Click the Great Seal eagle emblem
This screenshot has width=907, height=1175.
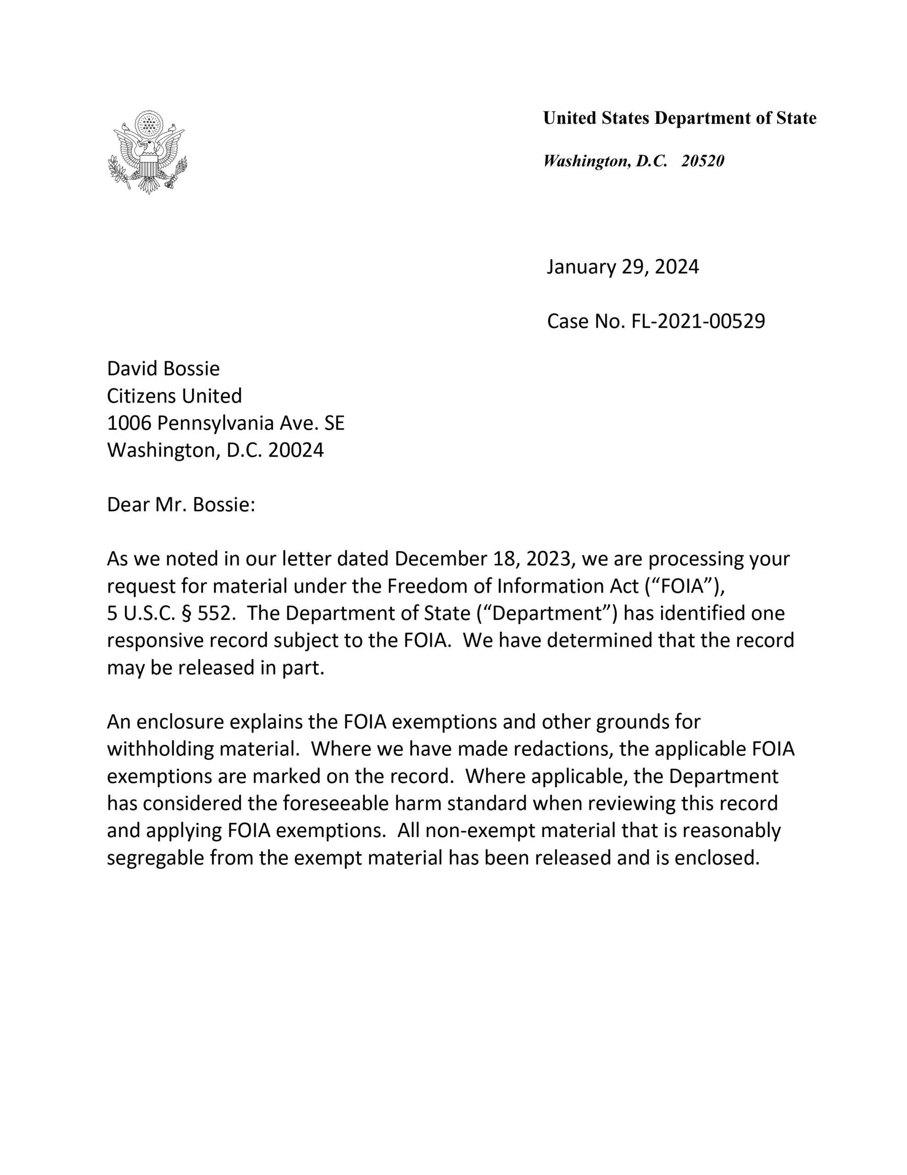[x=149, y=152]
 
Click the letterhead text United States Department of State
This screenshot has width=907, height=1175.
[x=679, y=118]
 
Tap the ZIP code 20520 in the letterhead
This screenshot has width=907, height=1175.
[x=702, y=161]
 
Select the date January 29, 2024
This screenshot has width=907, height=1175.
[x=623, y=267]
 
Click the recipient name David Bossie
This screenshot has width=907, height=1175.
[x=163, y=369]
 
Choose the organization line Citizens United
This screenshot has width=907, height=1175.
[x=174, y=396]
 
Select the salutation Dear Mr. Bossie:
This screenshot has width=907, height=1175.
[x=181, y=504]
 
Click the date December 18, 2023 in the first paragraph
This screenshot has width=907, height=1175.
[x=482, y=559]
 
